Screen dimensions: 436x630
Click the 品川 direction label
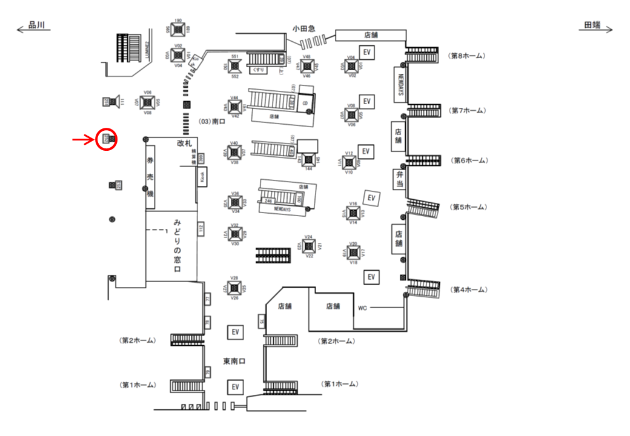coord(38,26)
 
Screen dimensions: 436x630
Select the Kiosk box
coord(202,177)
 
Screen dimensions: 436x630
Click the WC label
coord(362,308)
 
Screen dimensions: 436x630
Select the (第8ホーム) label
coord(467,56)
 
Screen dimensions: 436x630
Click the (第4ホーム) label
coord(467,290)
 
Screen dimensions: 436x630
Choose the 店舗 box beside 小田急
coord(370,35)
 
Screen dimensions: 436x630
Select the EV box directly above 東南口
coord(236,332)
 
